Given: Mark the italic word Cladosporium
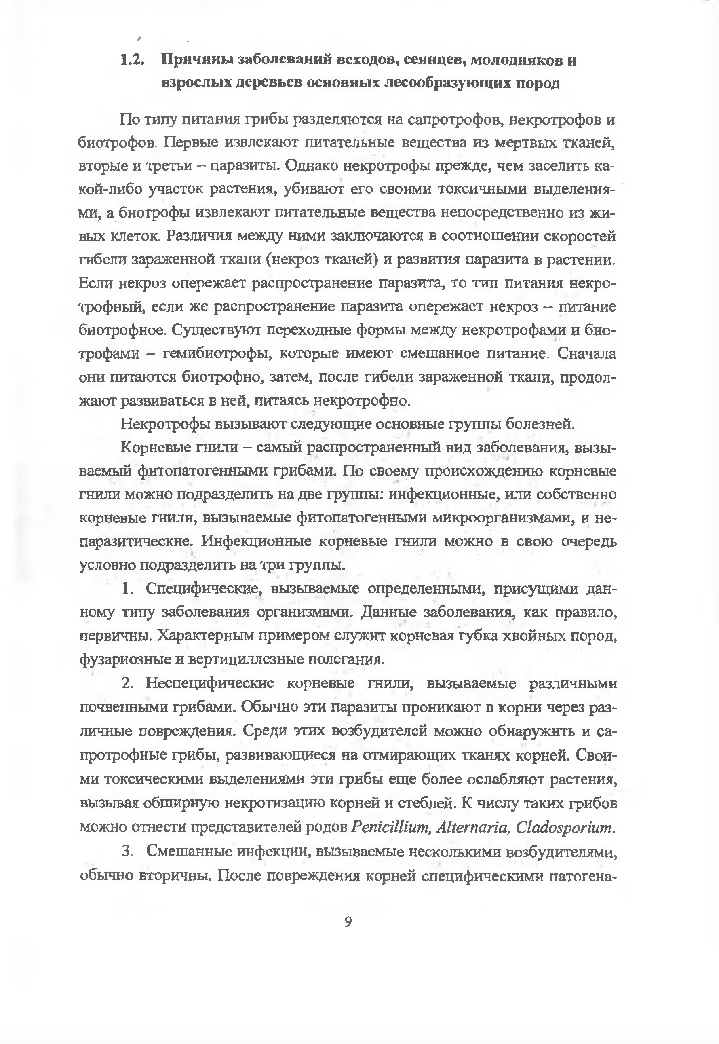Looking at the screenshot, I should click(x=565, y=827).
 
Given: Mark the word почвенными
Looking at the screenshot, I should click(x=124, y=707).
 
